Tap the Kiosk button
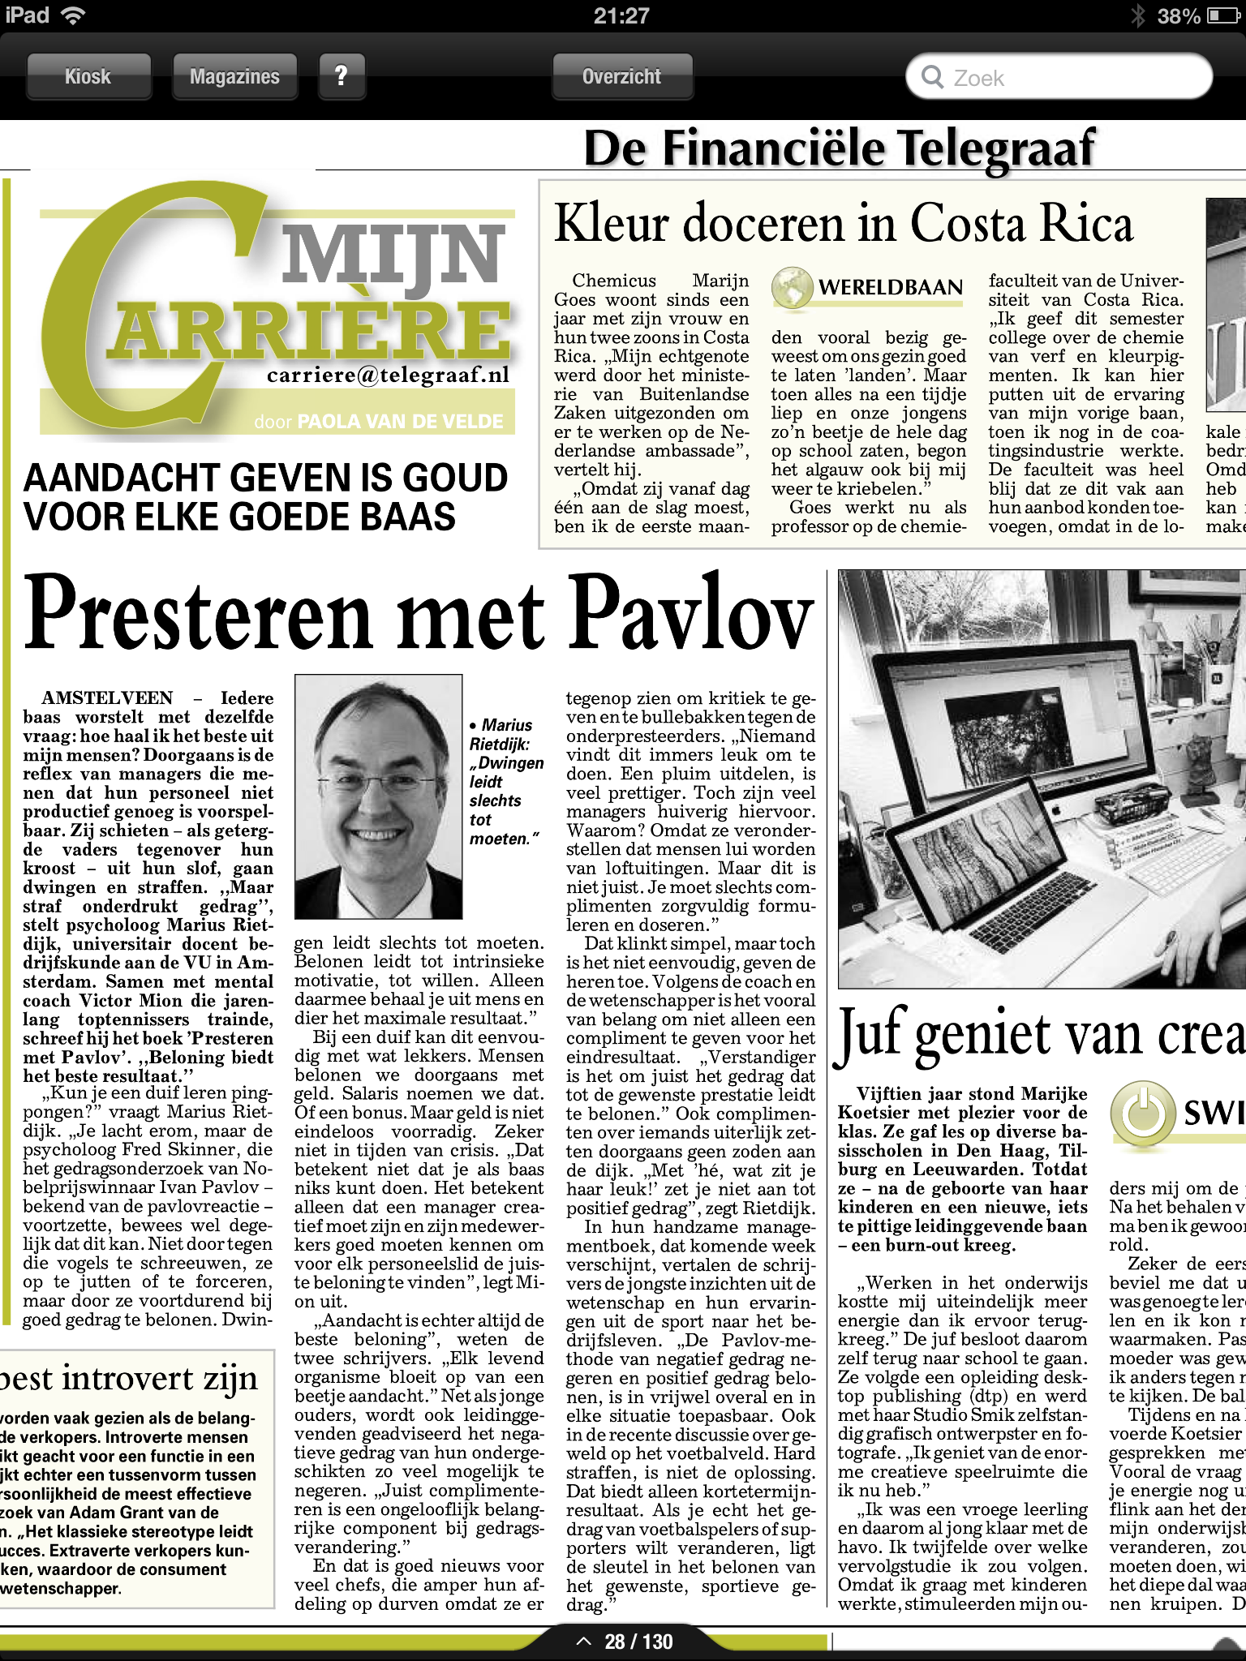click(x=88, y=77)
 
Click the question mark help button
click(x=342, y=77)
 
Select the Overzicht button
click(x=622, y=77)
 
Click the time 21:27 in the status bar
click(x=621, y=15)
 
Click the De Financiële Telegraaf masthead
click(x=839, y=149)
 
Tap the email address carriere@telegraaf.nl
click(x=388, y=375)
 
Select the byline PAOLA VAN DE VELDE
click(x=400, y=422)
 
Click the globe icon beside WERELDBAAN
click(x=791, y=287)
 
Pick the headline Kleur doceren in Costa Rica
click(x=843, y=224)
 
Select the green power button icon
click(x=1143, y=1112)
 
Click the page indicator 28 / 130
click(x=638, y=1642)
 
